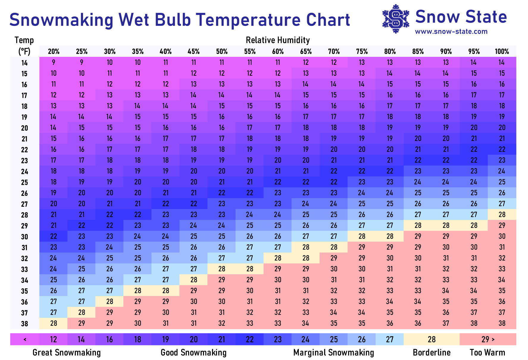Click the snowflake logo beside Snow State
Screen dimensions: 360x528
pyautogui.click(x=396, y=19)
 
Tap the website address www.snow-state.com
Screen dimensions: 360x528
pyautogui.click(x=451, y=32)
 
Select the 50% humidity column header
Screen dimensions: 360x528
pyautogui.click(x=222, y=51)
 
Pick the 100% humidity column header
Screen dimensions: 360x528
pyautogui.click(x=502, y=51)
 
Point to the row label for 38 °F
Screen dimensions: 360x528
pyautogui.click(x=24, y=324)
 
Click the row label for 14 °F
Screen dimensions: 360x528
pyautogui.click(x=24, y=63)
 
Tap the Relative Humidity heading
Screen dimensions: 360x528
pyautogui.click(x=278, y=40)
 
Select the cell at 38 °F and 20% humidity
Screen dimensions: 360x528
pyautogui.click(x=54, y=323)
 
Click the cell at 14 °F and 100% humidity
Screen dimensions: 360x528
pyautogui.click(x=502, y=62)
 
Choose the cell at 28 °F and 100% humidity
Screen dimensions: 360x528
pyautogui.click(x=502, y=215)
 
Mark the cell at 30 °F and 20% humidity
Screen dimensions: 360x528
pyautogui.click(x=54, y=236)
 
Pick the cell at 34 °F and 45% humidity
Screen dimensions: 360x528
pyautogui.click(x=194, y=280)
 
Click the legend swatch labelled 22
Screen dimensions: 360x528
pyautogui.click(x=250, y=339)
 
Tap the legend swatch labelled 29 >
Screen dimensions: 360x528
pyautogui.click(x=488, y=339)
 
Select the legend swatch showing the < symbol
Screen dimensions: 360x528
pyautogui.click(x=25, y=339)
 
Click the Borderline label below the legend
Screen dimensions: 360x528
pyautogui.click(x=432, y=353)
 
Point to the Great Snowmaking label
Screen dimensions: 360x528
pyautogui.click(x=67, y=353)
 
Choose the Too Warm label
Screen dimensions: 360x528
pyautogui.click(x=487, y=353)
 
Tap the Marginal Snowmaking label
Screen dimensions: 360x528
pyautogui.click(x=334, y=353)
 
